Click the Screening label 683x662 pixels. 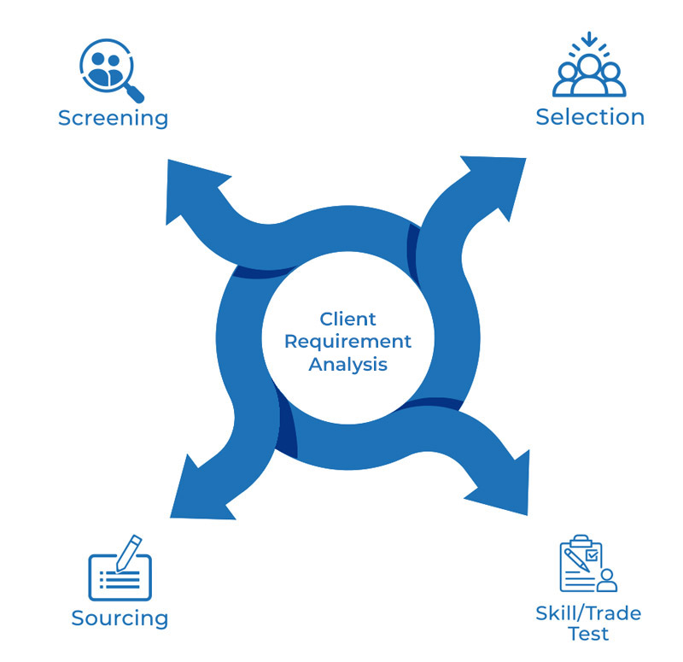click(113, 117)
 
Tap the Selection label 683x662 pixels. click(590, 116)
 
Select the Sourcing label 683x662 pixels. click(120, 618)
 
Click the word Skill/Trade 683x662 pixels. click(588, 612)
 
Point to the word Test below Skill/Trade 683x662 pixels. click(589, 634)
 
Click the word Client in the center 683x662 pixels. click(347, 319)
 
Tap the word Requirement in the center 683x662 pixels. click(347, 342)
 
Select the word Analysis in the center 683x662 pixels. click(347, 364)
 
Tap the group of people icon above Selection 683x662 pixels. click(589, 72)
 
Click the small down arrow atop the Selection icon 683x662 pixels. click(589, 40)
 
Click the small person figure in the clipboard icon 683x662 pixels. click(606, 580)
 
